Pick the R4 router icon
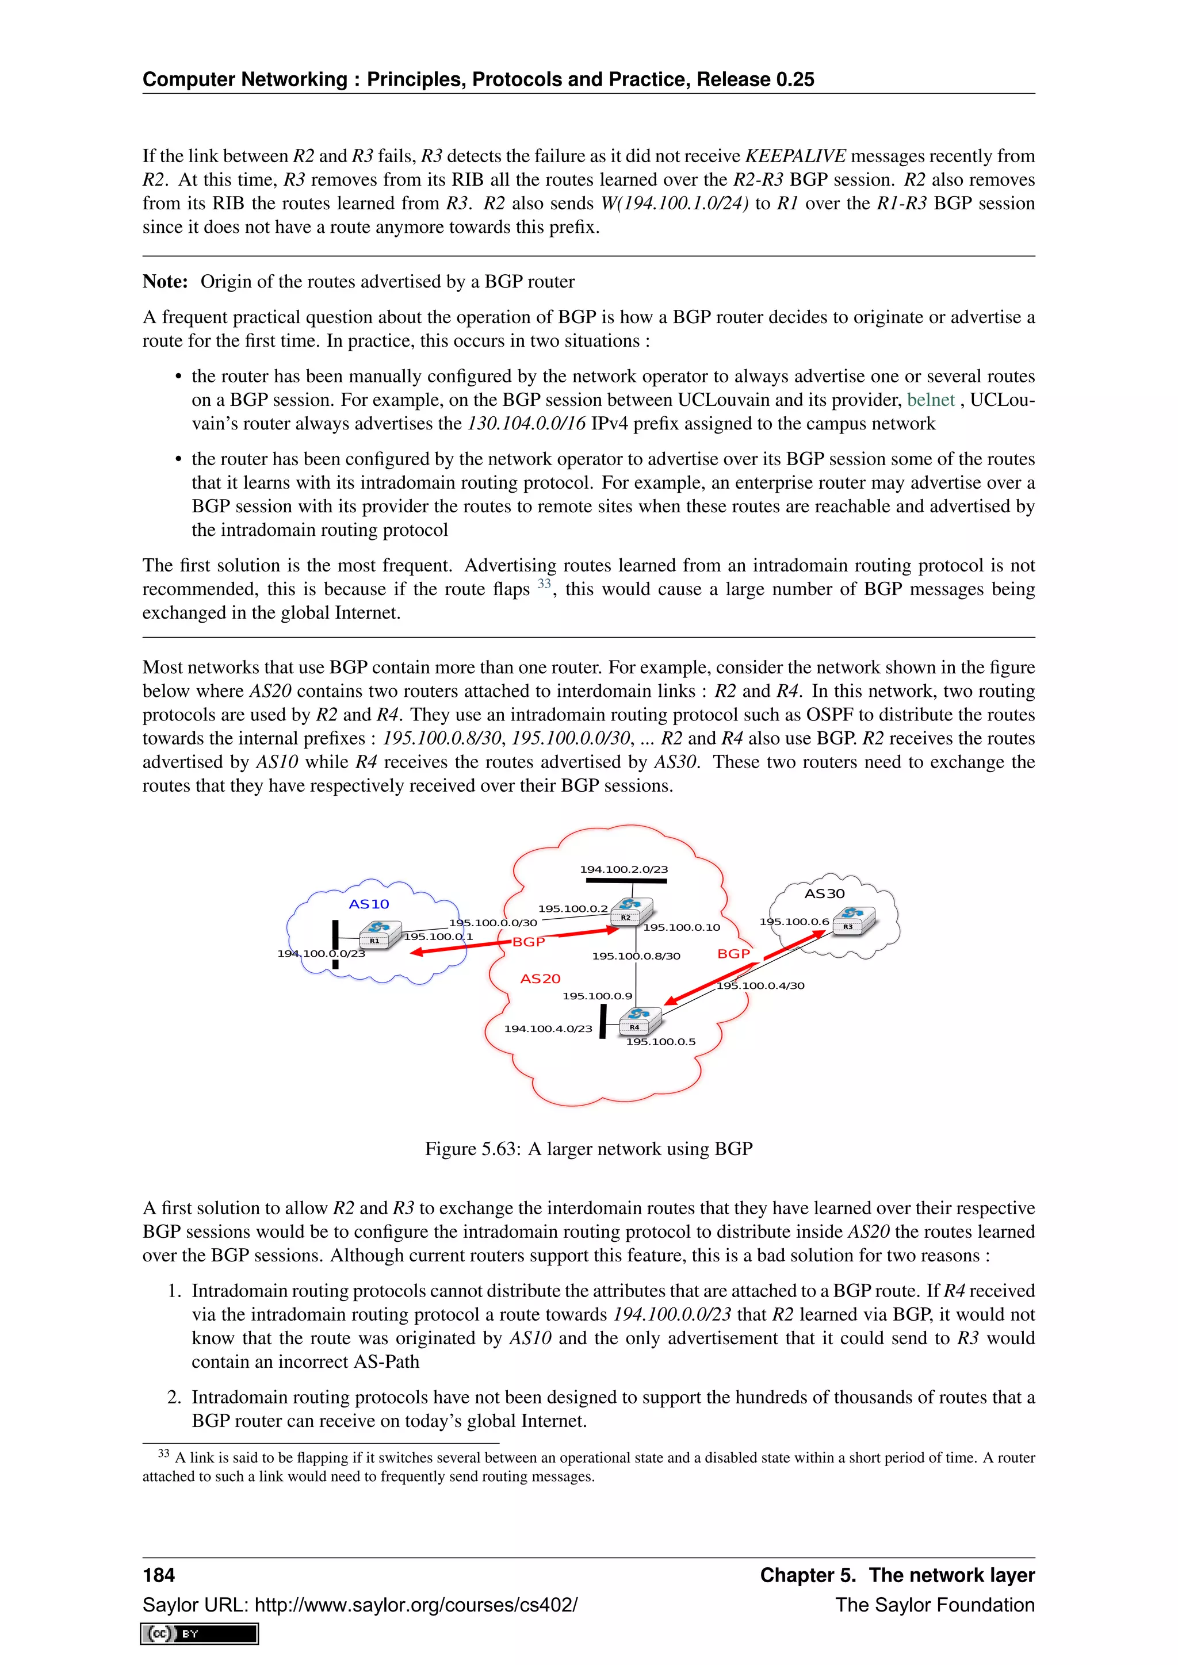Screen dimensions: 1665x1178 [x=639, y=1021]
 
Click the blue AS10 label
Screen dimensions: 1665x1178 [x=369, y=904]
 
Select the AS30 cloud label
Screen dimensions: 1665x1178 [x=824, y=893]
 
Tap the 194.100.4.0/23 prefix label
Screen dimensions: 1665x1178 [x=548, y=1029]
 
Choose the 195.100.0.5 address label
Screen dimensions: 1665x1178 [x=660, y=1041]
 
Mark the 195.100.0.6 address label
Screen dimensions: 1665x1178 [x=794, y=922]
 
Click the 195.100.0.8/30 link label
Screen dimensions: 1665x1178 [x=636, y=956]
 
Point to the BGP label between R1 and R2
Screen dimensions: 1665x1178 [x=528, y=941]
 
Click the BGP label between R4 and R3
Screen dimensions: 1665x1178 [x=733, y=954]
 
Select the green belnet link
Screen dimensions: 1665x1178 [x=930, y=400]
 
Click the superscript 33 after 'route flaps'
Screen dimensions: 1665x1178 [x=544, y=584]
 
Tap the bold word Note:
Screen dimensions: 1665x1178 [x=165, y=281]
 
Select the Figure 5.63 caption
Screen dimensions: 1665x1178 [x=588, y=1148]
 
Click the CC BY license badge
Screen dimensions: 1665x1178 [x=200, y=1633]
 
